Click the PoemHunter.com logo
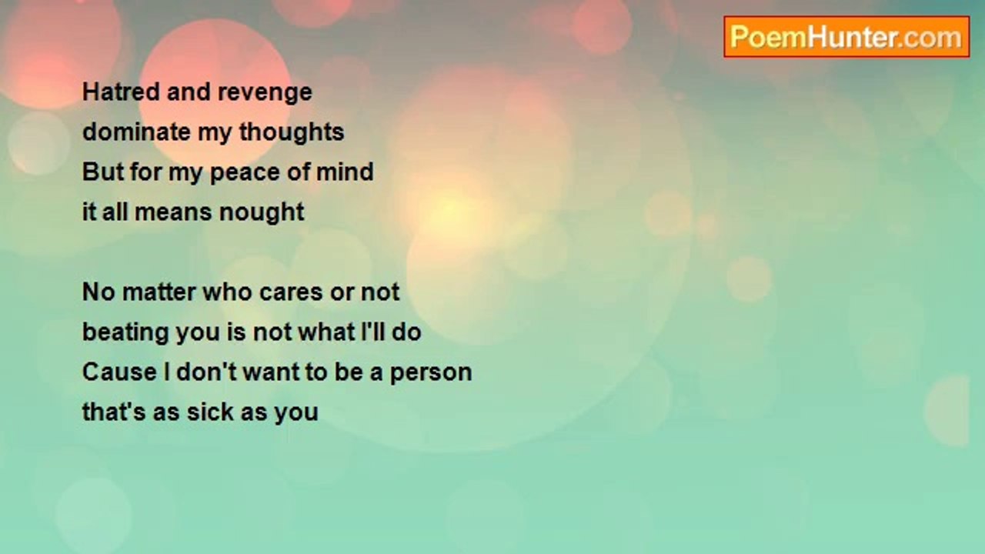click(846, 37)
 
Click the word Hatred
click(121, 92)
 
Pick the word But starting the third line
click(103, 172)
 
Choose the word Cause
click(119, 372)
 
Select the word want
click(270, 373)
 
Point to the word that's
click(114, 412)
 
